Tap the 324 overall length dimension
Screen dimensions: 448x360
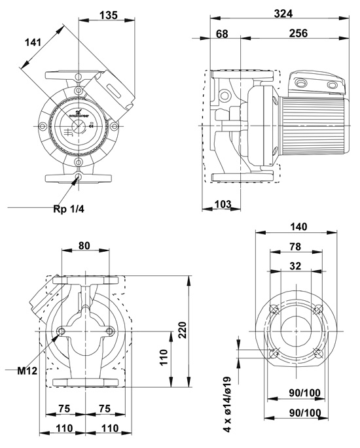click(283, 13)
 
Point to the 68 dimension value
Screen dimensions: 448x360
click(222, 33)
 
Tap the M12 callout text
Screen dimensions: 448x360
click(27, 371)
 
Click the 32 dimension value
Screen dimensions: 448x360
click(297, 266)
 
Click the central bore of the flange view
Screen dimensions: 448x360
click(296, 332)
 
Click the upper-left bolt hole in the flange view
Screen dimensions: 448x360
click(274, 310)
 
